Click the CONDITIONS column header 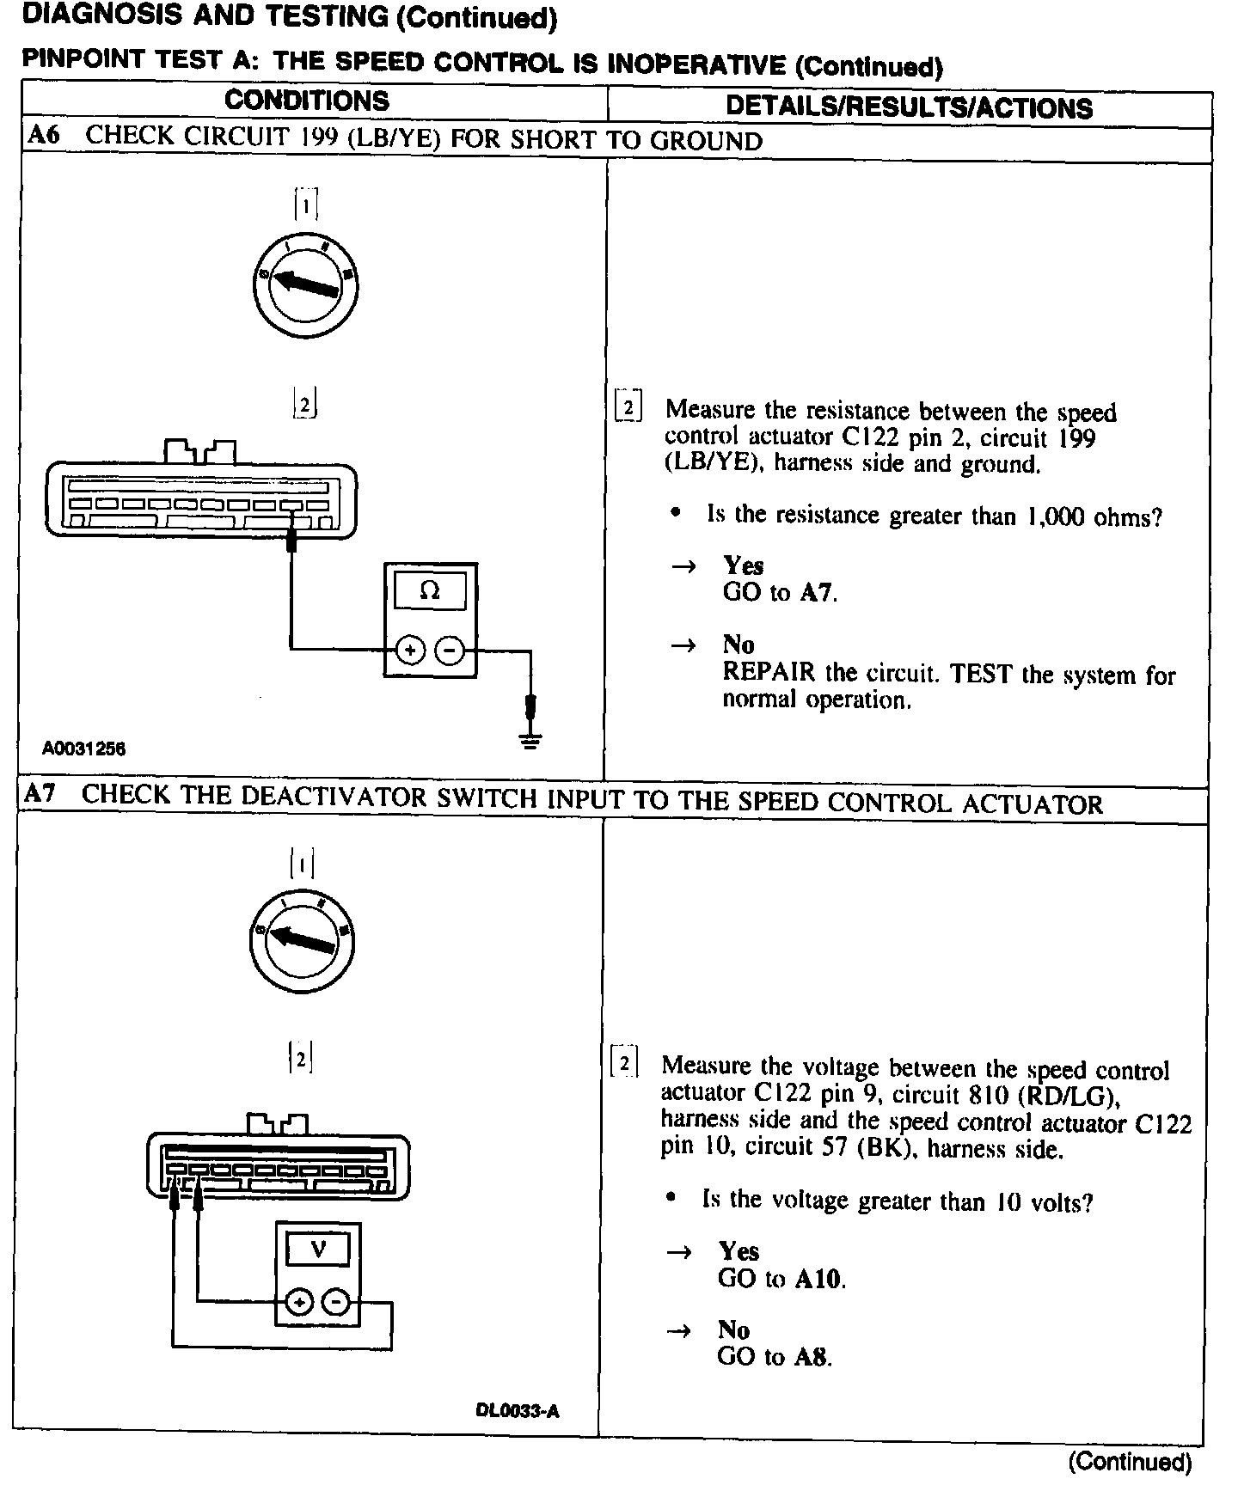[x=307, y=101]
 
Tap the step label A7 [x=40, y=793]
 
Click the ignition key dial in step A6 [x=311, y=285]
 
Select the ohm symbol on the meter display [x=429, y=591]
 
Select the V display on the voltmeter [x=318, y=1249]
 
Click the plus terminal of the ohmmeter [x=409, y=651]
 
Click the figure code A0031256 [x=84, y=749]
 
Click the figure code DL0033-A [x=518, y=1411]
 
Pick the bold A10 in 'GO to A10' [x=818, y=1279]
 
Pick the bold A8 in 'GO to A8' [x=812, y=1357]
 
